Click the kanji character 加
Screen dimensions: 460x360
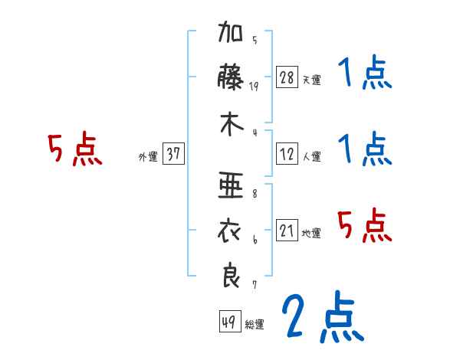click(x=232, y=35)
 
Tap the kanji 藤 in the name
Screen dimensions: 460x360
click(x=232, y=79)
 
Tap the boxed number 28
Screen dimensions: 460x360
click(x=287, y=77)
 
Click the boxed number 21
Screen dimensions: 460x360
click(x=287, y=231)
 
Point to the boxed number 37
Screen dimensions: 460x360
click(x=174, y=154)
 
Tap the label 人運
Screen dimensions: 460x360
click(x=311, y=156)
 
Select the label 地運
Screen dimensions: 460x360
click(x=311, y=233)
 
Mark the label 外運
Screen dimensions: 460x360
click(x=148, y=156)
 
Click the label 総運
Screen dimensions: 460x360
click(x=255, y=324)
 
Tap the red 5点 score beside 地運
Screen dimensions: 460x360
click(x=365, y=225)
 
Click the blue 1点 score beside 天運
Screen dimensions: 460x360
click(x=365, y=74)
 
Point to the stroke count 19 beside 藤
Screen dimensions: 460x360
click(x=255, y=87)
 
